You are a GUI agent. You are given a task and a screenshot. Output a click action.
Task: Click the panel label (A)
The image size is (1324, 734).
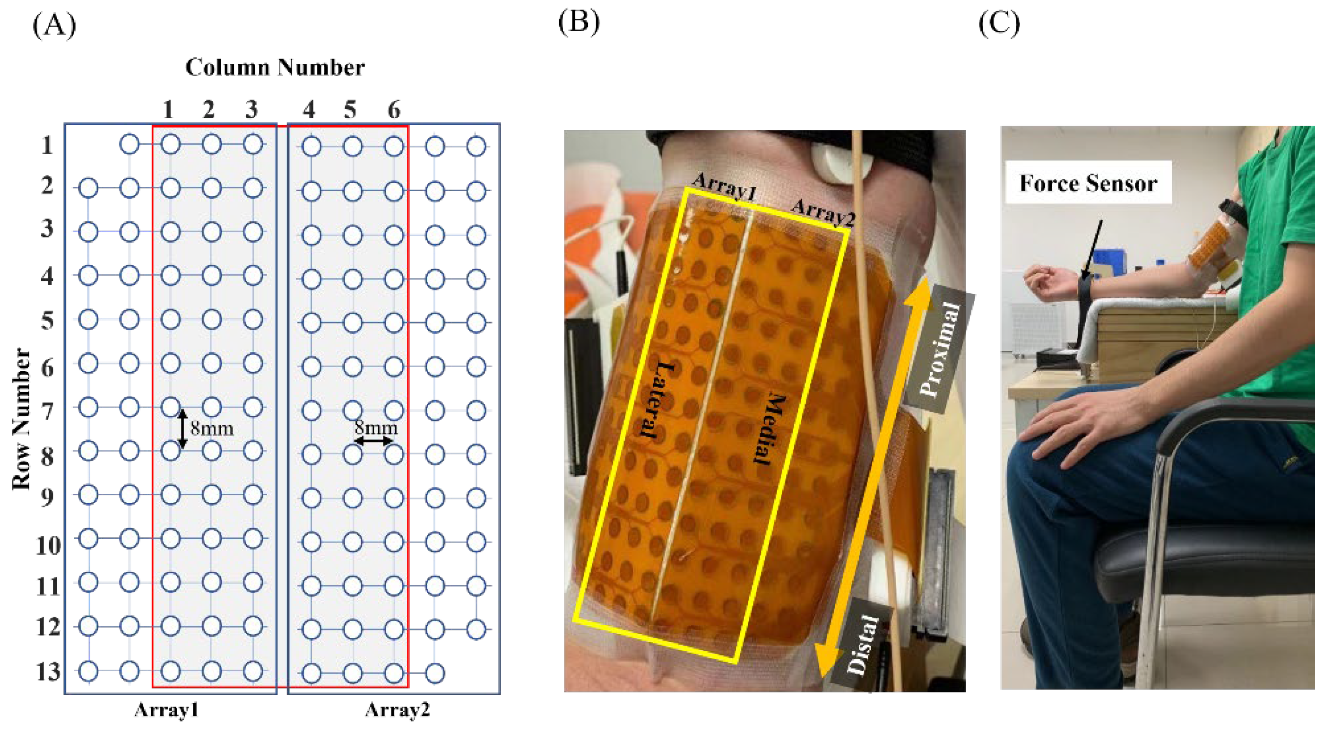click(54, 25)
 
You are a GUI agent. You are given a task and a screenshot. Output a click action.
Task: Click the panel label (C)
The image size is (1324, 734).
click(999, 24)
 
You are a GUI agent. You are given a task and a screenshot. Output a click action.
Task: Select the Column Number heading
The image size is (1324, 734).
click(275, 67)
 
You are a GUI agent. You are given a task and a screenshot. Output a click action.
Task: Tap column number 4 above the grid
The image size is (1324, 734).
click(308, 109)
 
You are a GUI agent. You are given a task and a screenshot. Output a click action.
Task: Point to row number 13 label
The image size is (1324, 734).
click(48, 671)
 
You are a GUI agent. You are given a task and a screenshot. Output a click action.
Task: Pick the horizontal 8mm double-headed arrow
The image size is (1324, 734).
click(374, 441)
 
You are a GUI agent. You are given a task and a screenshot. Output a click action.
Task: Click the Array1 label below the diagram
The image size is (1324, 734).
click(166, 710)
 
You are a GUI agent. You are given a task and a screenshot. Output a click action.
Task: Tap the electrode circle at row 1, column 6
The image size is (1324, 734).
click(394, 147)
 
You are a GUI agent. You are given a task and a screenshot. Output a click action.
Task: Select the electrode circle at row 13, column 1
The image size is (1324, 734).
click(170, 671)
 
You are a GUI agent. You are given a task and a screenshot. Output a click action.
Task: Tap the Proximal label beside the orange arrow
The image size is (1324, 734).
click(939, 350)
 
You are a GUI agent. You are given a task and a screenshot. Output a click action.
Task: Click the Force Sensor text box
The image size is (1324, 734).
click(1088, 183)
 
